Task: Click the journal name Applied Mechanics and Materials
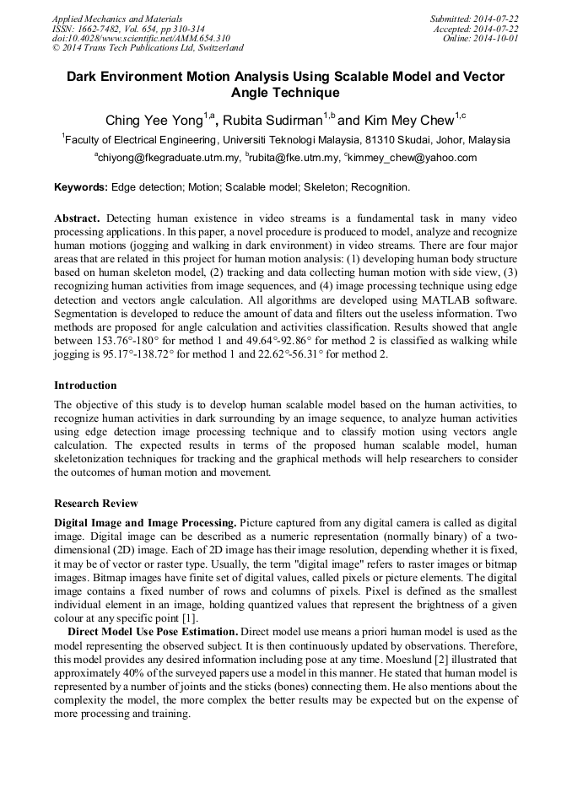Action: click(x=116, y=19)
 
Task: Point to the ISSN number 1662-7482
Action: click(x=105, y=28)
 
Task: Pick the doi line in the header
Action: click(x=141, y=38)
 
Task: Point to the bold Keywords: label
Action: click(x=81, y=186)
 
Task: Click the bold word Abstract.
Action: click(x=77, y=218)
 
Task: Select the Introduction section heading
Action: click(x=85, y=386)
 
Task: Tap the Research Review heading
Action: click(x=95, y=504)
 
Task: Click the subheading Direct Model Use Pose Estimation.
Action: click(x=152, y=632)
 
